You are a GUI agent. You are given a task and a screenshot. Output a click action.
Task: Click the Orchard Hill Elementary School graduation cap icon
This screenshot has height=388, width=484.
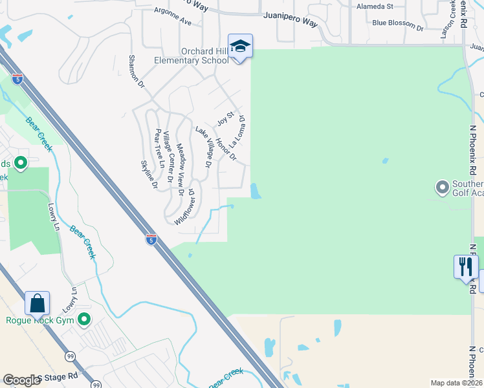pyautogui.click(x=240, y=46)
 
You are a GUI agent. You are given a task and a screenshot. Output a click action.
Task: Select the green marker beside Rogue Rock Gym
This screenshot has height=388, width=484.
pyautogui.click(x=84, y=319)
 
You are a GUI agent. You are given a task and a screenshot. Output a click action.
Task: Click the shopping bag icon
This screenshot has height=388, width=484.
pyautogui.click(x=38, y=303)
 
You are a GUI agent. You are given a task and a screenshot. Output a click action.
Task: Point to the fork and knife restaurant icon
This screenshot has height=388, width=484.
pyautogui.click(x=466, y=266)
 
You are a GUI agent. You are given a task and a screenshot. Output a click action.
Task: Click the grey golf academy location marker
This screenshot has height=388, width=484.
pyautogui.click(x=443, y=188)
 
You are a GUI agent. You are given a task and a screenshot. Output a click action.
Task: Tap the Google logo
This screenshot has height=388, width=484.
pyautogui.click(x=21, y=380)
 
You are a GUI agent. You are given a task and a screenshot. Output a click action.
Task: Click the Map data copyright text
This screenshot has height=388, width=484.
pyautogui.click(x=456, y=383)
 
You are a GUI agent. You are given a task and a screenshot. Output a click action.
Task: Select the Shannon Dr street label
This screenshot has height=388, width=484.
pyautogui.click(x=137, y=73)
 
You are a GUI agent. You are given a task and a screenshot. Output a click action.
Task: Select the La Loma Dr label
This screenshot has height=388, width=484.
pyautogui.click(x=238, y=129)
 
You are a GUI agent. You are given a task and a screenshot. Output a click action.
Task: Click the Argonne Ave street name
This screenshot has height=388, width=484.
pyautogui.click(x=173, y=16)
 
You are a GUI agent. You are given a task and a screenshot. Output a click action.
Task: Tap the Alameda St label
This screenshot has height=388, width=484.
pyautogui.click(x=375, y=6)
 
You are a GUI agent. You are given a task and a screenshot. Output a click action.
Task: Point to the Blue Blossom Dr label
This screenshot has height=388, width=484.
pyautogui.click(x=397, y=25)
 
